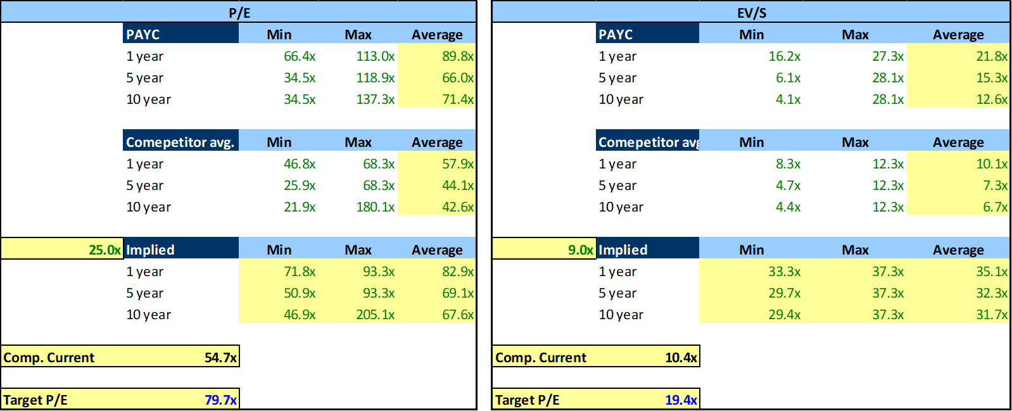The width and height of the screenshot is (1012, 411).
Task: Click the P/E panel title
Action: click(239, 13)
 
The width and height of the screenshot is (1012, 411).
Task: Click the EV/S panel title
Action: click(751, 13)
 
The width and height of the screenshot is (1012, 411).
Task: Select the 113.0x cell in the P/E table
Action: click(375, 56)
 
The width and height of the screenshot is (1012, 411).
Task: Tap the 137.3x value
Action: click(375, 99)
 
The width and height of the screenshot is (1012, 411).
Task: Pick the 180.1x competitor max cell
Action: click(375, 207)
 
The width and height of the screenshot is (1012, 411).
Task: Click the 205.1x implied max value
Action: click(375, 315)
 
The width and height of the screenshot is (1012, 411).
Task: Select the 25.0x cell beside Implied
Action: click(104, 250)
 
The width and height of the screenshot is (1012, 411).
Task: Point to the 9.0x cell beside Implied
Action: click(580, 250)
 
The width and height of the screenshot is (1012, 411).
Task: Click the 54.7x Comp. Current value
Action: click(220, 357)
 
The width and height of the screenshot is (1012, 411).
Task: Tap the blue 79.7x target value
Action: click(220, 400)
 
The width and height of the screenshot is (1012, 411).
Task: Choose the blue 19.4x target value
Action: click(681, 400)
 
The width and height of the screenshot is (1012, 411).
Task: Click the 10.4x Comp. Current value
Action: click(681, 357)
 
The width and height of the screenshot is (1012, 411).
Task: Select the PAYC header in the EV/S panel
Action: click(616, 34)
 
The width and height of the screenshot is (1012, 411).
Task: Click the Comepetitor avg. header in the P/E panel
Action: click(180, 142)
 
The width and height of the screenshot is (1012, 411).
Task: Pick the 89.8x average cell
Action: click(457, 56)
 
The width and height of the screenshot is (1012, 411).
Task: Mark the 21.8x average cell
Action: click(991, 56)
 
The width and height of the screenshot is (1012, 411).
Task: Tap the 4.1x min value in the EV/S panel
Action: click(788, 99)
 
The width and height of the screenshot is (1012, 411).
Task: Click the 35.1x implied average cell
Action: click(991, 272)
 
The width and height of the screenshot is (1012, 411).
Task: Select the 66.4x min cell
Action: click(299, 56)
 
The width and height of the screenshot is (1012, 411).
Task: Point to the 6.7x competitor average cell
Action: click(995, 207)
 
